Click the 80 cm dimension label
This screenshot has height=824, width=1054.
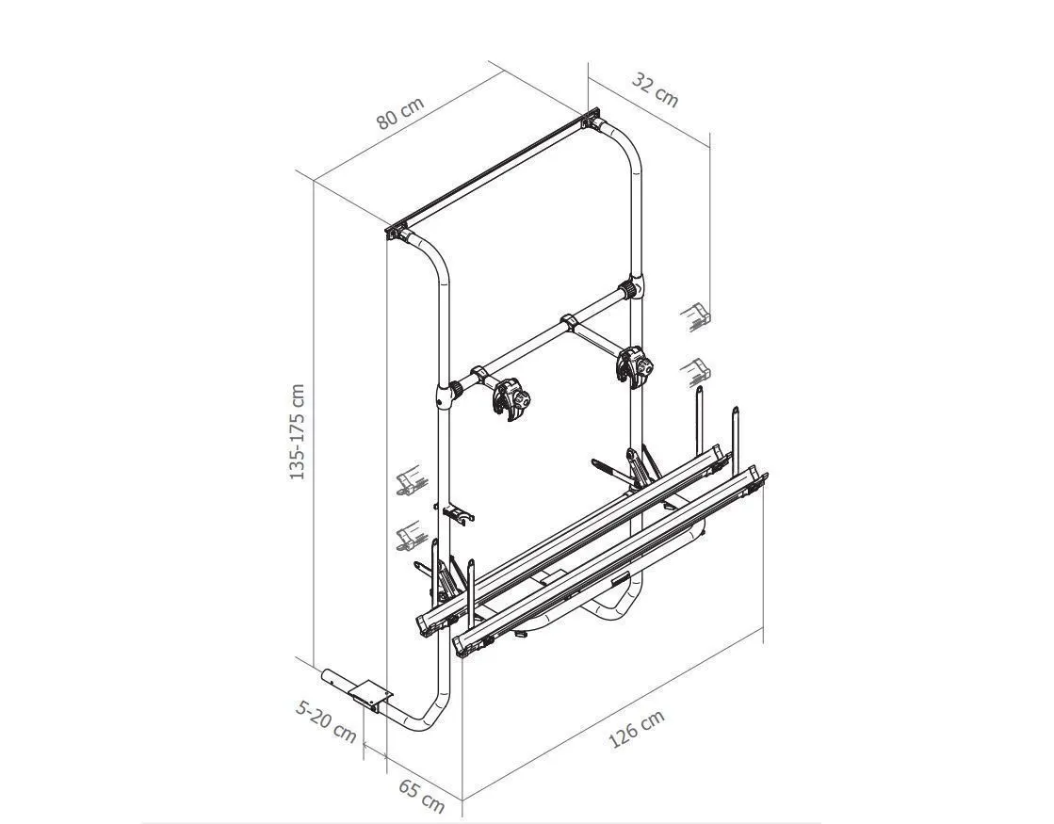click(x=400, y=113)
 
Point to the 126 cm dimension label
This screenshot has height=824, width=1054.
click(x=637, y=729)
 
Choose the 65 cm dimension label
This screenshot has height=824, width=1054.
click(x=421, y=796)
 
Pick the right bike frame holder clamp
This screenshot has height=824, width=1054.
click(x=635, y=366)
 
